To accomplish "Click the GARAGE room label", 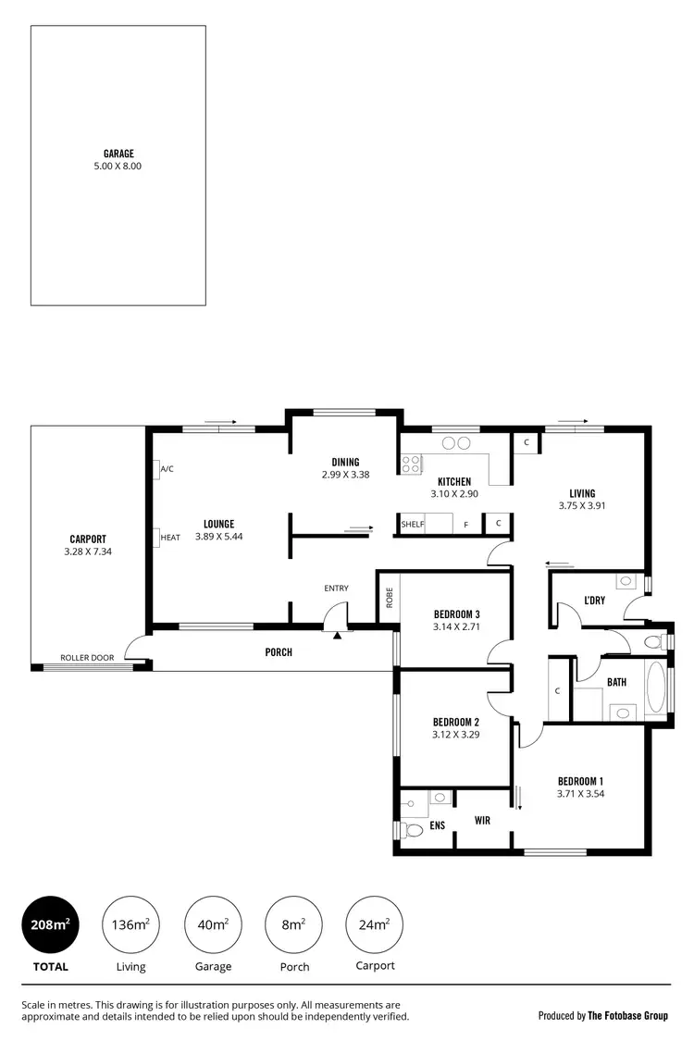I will (x=118, y=154).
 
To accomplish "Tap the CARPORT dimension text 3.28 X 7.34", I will (x=88, y=551).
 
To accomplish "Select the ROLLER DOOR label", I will (x=87, y=658).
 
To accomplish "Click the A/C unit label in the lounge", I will (x=167, y=470).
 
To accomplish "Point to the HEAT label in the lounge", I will (x=170, y=537).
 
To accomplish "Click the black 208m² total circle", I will (x=50, y=924).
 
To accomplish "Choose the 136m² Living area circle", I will (x=130, y=924).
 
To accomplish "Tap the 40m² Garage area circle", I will (x=214, y=924).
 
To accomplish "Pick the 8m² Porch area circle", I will (x=293, y=924).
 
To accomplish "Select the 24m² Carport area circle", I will (x=374, y=924).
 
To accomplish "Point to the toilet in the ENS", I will (x=412, y=829).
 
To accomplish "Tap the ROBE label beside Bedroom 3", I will (x=389, y=597).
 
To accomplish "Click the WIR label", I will (x=482, y=820).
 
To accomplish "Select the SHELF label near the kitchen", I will (x=413, y=525).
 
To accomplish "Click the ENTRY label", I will (x=336, y=588).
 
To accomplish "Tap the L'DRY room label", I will (x=594, y=601).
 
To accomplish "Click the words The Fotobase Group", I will (x=628, y=1015).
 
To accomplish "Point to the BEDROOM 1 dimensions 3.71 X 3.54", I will (x=581, y=793).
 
